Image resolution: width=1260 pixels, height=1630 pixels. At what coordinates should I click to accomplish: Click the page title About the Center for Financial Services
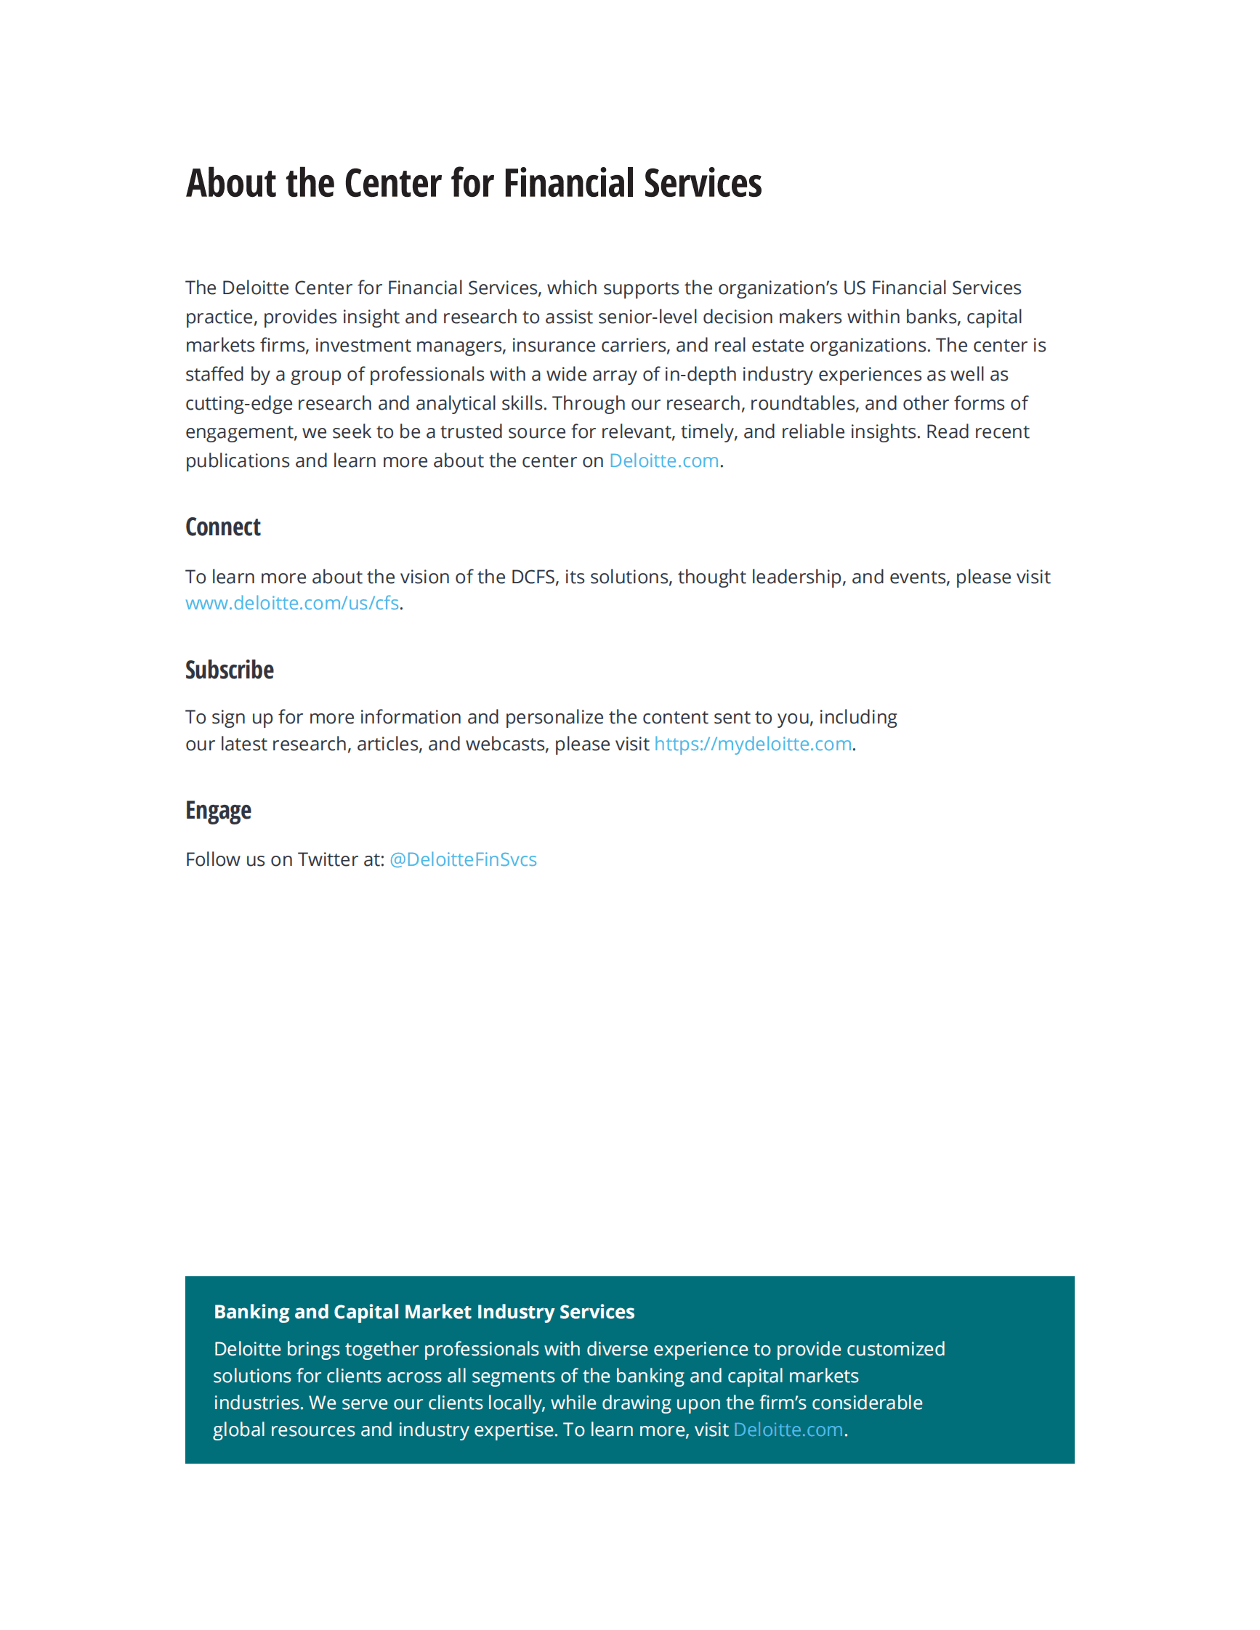(x=473, y=184)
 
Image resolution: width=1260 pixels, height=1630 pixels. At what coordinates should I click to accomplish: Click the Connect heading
(x=222, y=527)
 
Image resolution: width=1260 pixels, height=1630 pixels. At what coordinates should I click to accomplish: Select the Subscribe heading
(x=229, y=670)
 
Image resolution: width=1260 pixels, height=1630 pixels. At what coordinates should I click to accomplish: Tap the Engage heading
(x=218, y=811)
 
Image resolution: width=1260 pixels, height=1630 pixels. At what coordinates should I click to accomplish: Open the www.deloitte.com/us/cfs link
(x=292, y=603)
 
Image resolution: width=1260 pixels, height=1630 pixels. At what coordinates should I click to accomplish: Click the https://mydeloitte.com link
(x=752, y=744)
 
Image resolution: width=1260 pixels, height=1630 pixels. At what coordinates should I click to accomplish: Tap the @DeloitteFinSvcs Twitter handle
(x=463, y=860)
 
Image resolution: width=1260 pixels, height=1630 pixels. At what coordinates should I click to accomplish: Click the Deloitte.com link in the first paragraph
(x=663, y=461)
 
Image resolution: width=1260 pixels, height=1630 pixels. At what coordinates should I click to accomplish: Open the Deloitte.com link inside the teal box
(x=788, y=1430)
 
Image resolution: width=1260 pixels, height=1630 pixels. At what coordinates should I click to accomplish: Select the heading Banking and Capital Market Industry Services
(x=424, y=1312)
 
